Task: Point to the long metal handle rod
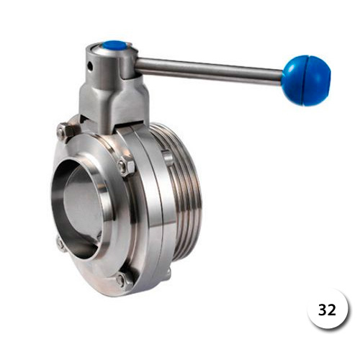[209, 71]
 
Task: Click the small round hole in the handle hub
[91, 66]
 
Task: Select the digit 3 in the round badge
[322, 310]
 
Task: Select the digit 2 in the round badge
[331, 310]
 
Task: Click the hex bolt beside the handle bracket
[65, 132]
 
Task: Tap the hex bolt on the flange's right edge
[125, 166]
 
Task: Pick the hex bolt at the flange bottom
[123, 280]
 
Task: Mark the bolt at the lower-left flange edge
[61, 244]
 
